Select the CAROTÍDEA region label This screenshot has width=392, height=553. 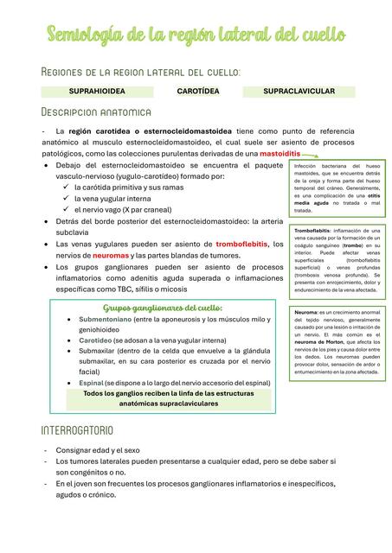[x=197, y=90]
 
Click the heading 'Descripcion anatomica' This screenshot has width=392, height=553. [x=96, y=112]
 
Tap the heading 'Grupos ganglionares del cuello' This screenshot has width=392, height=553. [x=163, y=308]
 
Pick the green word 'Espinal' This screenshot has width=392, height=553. [x=91, y=382]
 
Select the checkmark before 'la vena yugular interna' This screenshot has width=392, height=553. [x=67, y=197]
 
